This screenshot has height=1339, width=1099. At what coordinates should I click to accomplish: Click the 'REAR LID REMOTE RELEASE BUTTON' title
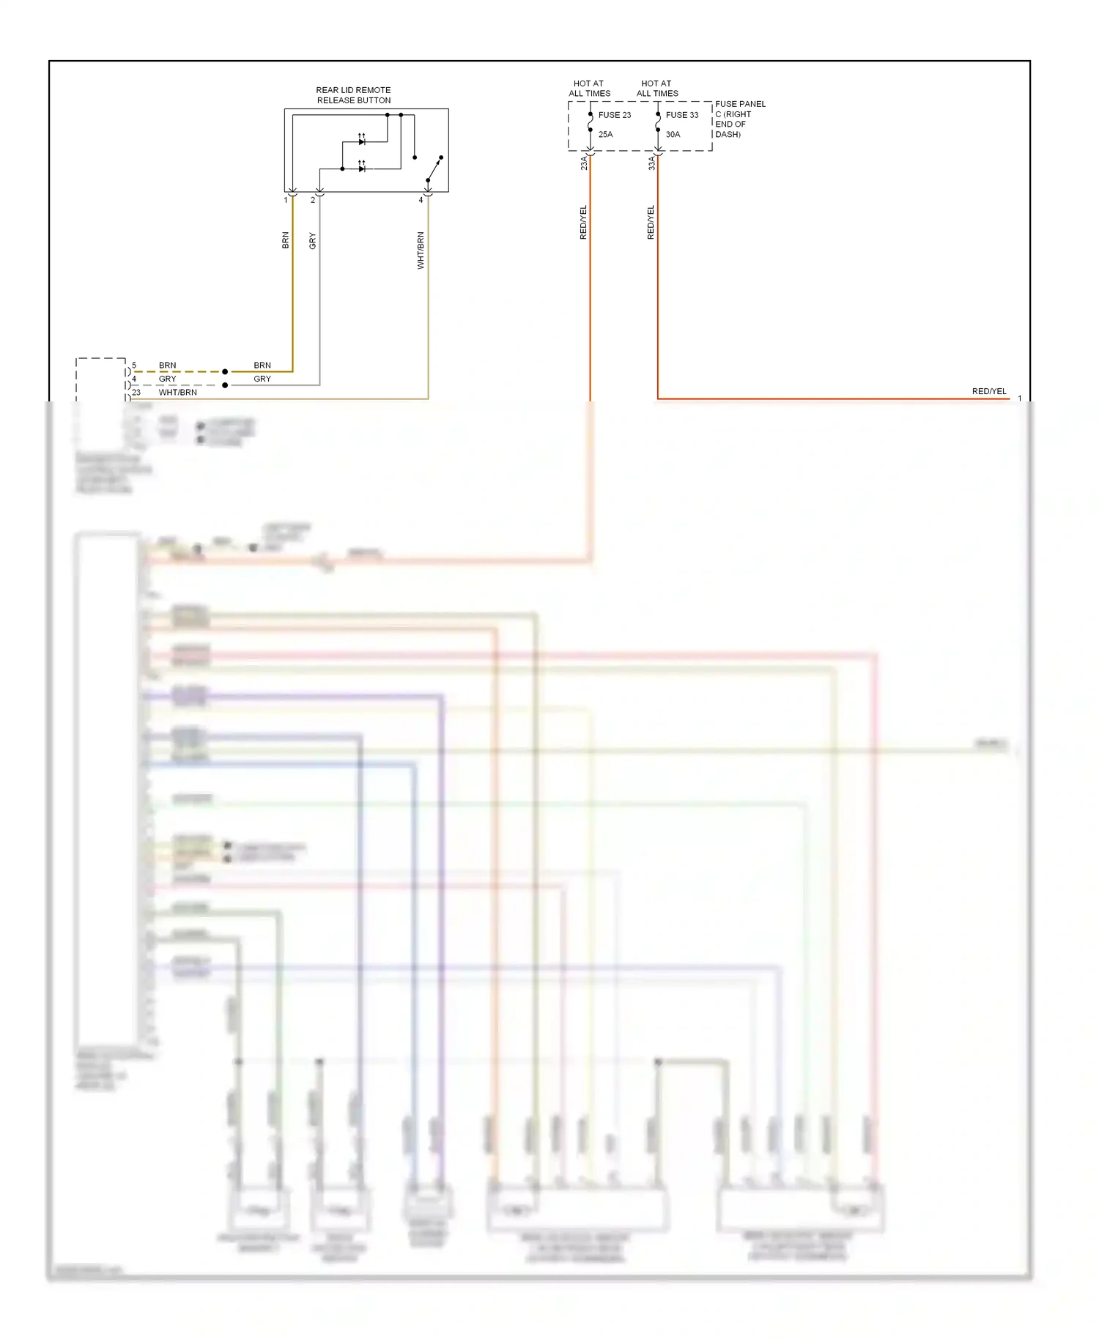pos(353,95)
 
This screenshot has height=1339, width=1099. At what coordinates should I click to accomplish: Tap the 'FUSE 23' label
pos(614,115)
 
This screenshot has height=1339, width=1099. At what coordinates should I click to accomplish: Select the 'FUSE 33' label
pos(681,115)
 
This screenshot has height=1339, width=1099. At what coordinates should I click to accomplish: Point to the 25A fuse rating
pos(605,135)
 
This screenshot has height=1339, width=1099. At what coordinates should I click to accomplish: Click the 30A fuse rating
pos(673,135)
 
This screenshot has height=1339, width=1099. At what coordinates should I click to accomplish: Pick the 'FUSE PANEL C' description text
pos(739,119)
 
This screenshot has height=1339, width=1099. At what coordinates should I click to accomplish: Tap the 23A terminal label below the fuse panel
pos(584,163)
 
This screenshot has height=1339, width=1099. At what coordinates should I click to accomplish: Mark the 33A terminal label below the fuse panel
pos(651,163)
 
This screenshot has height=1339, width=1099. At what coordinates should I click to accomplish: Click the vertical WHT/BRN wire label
pos(421,251)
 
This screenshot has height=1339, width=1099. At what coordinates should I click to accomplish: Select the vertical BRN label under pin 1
pos(286,240)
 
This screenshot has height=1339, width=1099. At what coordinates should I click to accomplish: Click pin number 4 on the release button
pos(421,200)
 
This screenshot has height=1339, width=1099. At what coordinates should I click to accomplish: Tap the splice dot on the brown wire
pos(225,372)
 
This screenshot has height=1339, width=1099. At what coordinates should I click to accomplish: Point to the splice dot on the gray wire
pos(225,385)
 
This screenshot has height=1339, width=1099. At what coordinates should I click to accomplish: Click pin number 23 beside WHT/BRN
pos(136,393)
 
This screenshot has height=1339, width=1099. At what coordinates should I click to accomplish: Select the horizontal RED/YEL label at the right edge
pos(989,392)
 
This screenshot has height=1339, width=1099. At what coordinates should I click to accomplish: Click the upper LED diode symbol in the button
pos(362,141)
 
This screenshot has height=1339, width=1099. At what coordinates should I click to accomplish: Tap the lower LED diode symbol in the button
pos(362,168)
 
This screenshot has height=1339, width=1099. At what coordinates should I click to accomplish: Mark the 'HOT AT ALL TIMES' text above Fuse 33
pos(657,89)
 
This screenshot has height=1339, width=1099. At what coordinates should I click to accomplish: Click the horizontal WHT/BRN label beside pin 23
pos(178,393)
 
